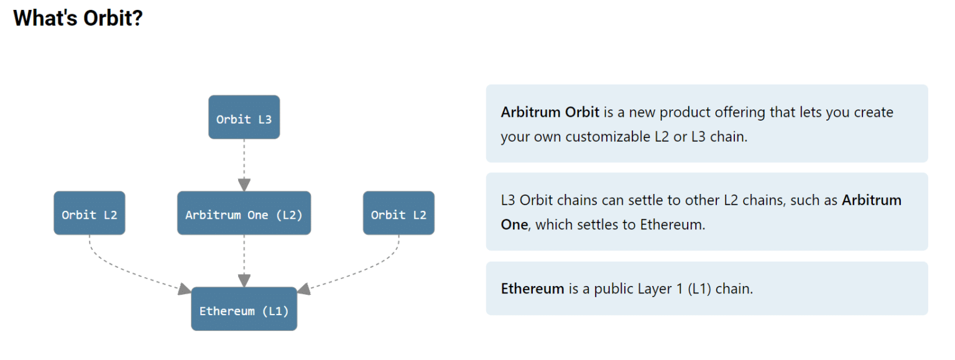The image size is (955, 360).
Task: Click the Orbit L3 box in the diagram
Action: coord(244,118)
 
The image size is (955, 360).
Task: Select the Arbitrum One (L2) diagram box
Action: coord(244,213)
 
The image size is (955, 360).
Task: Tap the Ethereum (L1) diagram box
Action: coord(244,309)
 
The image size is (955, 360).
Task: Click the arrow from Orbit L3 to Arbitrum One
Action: coord(244,165)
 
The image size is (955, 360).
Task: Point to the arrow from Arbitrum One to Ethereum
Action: coord(244,261)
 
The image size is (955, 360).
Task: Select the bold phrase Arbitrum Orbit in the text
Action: coord(550,113)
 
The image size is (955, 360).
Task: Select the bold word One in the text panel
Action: coord(514,224)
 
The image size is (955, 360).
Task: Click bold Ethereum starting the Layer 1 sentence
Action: coord(532,289)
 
